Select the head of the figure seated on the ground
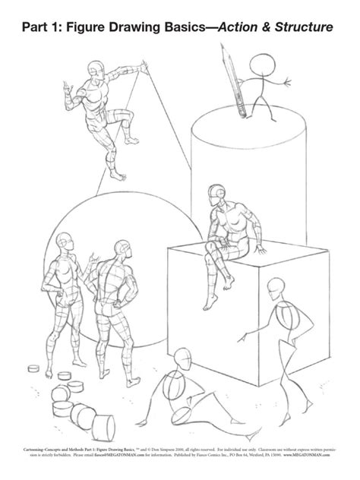tap(182, 358)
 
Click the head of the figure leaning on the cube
tap(275, 287)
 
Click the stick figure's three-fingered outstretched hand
tap(289, 78)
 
